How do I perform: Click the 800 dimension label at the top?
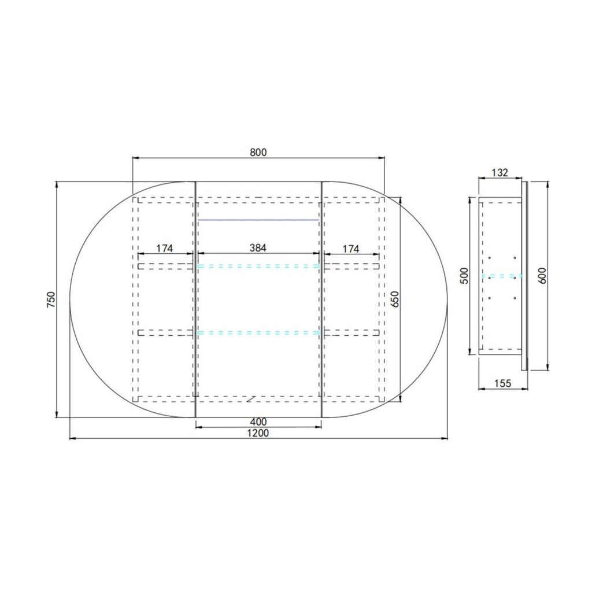pos(258,152)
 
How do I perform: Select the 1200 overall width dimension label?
pos(258,433)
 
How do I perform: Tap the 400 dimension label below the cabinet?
pos(258,421)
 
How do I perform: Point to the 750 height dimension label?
pos(51,299)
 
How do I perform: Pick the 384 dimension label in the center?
pos(258,247)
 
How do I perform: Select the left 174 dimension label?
pos(165,249)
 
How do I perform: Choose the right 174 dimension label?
pos(351,249)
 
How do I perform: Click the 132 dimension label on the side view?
pos(500,172)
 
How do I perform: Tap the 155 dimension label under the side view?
pos(502,384)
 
